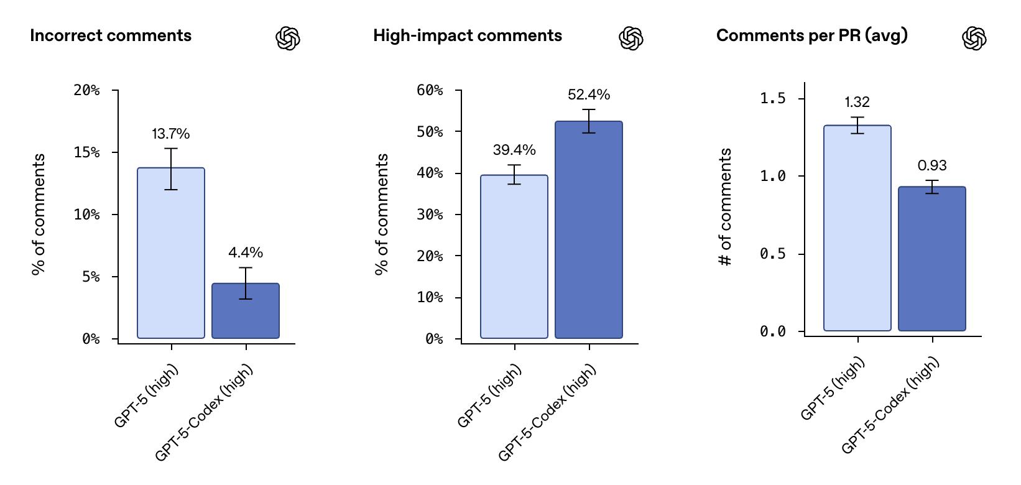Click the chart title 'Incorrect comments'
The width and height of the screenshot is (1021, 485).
111,35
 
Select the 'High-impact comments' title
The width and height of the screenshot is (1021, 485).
467,35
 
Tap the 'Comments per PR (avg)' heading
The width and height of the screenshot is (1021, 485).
811,35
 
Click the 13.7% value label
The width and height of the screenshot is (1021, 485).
170,134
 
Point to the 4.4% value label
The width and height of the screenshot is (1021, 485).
245,252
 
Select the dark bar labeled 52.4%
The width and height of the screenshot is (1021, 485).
588,230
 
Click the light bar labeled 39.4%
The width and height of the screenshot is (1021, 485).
514,256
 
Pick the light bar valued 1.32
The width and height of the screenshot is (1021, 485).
857,228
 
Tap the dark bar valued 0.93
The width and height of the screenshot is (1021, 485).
931,259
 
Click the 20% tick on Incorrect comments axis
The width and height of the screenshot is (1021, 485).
86,90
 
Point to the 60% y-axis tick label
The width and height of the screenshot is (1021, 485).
430,90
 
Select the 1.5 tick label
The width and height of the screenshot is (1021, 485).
773,98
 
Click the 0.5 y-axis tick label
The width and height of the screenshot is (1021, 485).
773,254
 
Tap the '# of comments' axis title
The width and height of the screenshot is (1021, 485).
725,207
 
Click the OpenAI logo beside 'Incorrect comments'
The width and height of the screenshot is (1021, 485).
288,39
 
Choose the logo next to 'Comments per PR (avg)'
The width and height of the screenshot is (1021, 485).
974,39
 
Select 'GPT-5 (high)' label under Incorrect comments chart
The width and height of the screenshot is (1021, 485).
147,396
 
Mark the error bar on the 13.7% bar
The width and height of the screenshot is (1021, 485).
171,169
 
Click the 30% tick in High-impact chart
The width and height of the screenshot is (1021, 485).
430,215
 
